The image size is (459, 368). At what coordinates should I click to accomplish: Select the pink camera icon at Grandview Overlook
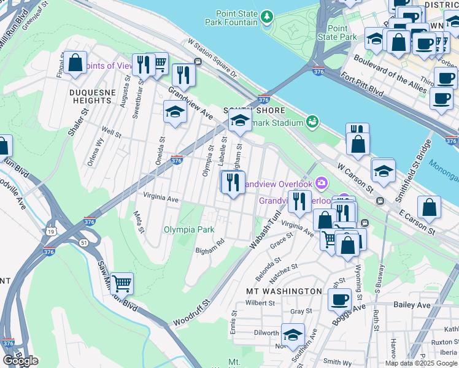[322, 183]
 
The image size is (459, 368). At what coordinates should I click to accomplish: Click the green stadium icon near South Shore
[313, 121]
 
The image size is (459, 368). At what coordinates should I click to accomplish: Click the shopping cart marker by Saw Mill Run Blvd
[121, 284]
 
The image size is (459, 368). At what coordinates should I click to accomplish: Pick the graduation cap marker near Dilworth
[293, 335]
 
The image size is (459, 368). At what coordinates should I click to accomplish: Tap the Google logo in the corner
[20, 360]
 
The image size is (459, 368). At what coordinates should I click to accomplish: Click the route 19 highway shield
[47, 231]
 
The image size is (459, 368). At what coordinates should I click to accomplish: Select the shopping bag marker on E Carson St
[429, 207]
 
